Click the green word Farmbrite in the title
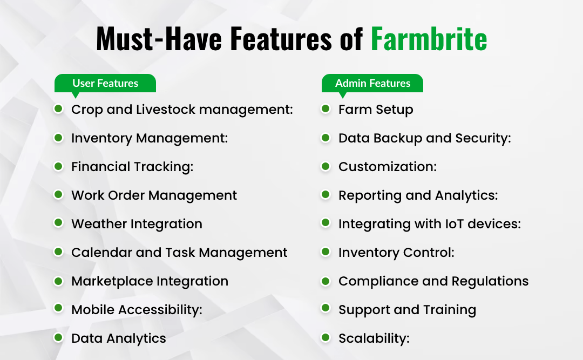coord(429,39)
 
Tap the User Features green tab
coord(105,84)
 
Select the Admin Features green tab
coord(372,84)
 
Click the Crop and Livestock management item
coord(182,110)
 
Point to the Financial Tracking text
coord(132,167)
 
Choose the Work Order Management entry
coord(154,195)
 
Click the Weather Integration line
coord(137,224)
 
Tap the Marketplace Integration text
coord(150,281)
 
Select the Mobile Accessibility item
coord(137,310)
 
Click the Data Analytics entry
coord(118,338)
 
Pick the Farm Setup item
coord(376,110)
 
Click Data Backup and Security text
coord(424,138)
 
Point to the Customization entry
coord(387,167)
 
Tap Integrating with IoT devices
coord(429,224)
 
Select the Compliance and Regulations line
coord(433,281)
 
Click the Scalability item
coord(374,338)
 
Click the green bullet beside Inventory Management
coord(58,138)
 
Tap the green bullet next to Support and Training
coord(326,309)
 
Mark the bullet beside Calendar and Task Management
coord(58,252)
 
